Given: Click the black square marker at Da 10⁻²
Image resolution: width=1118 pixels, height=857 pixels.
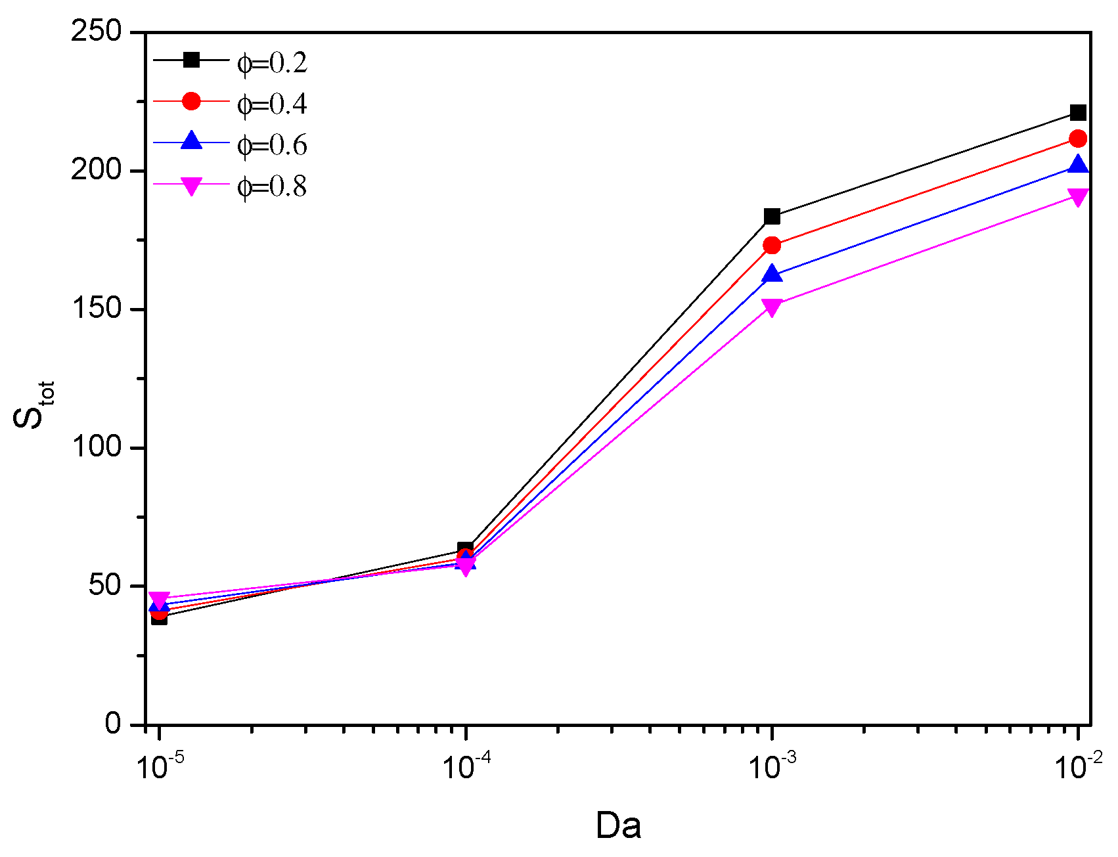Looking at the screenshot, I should click(x=1078, y=113).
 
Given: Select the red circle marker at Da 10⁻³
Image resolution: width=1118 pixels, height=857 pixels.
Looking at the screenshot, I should click(x=772, y=246).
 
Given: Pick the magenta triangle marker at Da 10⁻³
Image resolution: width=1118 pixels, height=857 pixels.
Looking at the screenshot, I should click(x=772, y=307).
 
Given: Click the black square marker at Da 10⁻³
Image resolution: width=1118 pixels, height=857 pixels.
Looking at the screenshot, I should click(x=772, y=216).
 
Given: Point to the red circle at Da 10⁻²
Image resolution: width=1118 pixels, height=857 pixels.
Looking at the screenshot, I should click(x=1078, y=139).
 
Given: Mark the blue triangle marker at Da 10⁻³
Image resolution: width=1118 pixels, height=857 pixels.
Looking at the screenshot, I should click(x=772, y=274).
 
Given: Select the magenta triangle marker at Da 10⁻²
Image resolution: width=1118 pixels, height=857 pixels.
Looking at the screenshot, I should click(x=1078, y=196).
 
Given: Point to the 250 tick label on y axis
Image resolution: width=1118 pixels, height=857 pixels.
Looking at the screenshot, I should click(x=97, y=32).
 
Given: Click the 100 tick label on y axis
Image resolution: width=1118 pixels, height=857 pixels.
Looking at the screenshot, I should click(x=97, y=447).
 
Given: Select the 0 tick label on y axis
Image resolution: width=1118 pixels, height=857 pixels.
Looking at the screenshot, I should click(x=113, y=723).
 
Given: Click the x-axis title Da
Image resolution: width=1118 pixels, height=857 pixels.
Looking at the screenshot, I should click(x=618, y=825).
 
